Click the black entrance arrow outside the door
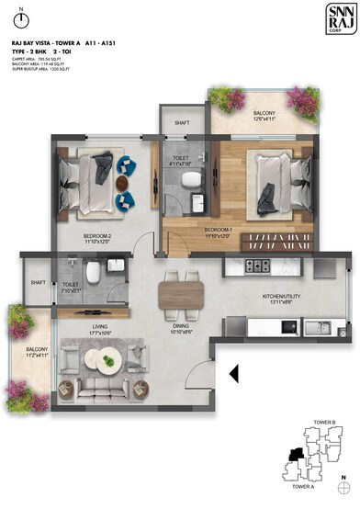tap(233, 373)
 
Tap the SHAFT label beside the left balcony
tap(39, 283)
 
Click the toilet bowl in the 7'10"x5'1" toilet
tap(92, 273)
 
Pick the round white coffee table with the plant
tap(109, 362)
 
